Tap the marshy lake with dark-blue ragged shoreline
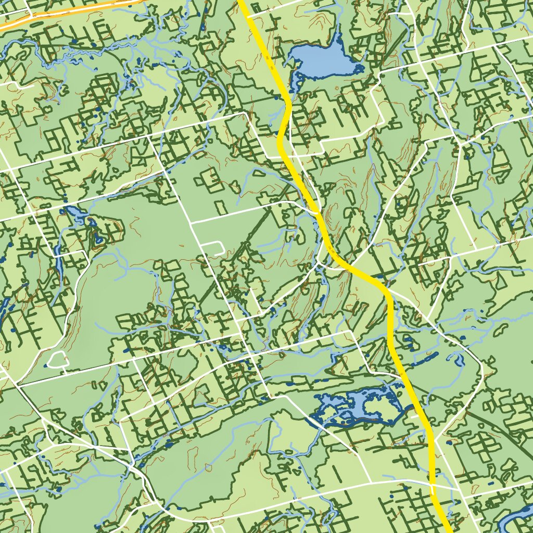point(359,403)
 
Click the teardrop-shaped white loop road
point(57,359)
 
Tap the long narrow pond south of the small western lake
point(59,265)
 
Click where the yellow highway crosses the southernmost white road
point(433,489)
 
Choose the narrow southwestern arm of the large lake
point(297,81)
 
